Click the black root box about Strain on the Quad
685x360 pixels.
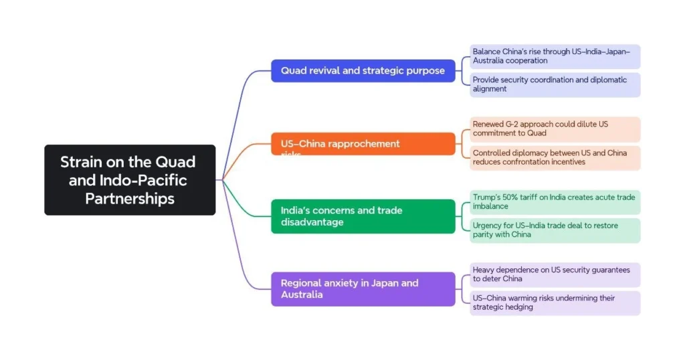(x=130, y=180)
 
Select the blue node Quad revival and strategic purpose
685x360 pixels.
(x=363, y=70)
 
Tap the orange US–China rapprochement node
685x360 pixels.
(x=363, y=144)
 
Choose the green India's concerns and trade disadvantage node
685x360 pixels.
(x=363, y=216)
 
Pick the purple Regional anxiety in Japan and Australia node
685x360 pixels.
(x=363, y=289)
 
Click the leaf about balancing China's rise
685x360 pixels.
(x=555, y=56)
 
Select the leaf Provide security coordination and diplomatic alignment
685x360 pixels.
(x=555, y=84)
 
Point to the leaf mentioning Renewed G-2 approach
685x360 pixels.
(x=555, y=128)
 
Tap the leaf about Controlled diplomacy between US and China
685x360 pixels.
(x=555, y=157)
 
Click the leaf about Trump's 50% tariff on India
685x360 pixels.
(x=555, y=201)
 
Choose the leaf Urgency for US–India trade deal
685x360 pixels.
(x=555, y=230)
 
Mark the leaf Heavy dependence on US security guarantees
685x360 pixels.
(x=555, y=274)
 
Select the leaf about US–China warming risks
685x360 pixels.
(x=555, y=302)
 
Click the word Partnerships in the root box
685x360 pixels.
(x=130, y=199)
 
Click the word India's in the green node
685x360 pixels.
(x=296, y=210)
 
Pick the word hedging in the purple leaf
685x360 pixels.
(x=519, y=307)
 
